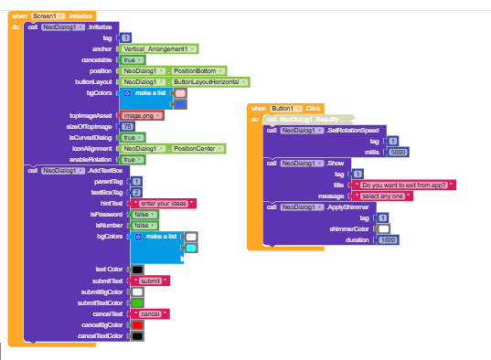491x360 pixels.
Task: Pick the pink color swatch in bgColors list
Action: click(x=180, y=93)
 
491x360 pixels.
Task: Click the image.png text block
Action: click(x=142, y=115)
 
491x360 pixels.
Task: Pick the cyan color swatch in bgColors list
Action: click(x=191, y=248)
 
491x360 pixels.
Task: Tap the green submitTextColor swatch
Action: click(x=136, y=302)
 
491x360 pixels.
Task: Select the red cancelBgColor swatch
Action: click(x=136, y=324)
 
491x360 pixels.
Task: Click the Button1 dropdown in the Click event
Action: click(x=278, y=108)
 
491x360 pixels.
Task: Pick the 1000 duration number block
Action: click(x=389, y=239)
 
